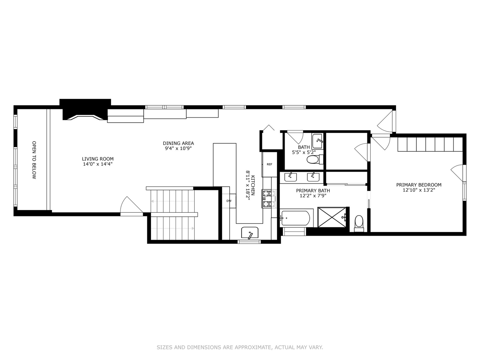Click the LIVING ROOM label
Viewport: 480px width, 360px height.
point(98,159)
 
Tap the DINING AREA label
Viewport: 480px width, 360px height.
point(178,143)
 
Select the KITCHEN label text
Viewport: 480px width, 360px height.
point(253,185)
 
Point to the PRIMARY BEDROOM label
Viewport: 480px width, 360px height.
point(419,185)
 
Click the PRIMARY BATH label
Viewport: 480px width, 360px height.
point(313,191)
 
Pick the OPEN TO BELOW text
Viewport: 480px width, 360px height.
point(34,160)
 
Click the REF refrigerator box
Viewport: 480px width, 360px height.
point(269,164)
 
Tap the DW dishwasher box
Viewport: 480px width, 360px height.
point(229,201)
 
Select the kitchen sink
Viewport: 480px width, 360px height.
point(250,233)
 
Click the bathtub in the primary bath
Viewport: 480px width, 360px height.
point(296,218)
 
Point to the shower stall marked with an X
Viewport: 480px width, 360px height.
point(332,217)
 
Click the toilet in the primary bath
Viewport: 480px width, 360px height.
point(359,223)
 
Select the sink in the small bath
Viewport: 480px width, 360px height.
point(318,141)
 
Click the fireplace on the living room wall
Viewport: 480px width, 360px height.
point(85,110)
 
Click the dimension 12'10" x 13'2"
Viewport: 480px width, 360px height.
point(419,190)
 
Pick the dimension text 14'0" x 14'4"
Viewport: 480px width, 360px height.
point(98,164)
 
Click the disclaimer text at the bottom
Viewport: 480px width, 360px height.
point(240,347)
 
